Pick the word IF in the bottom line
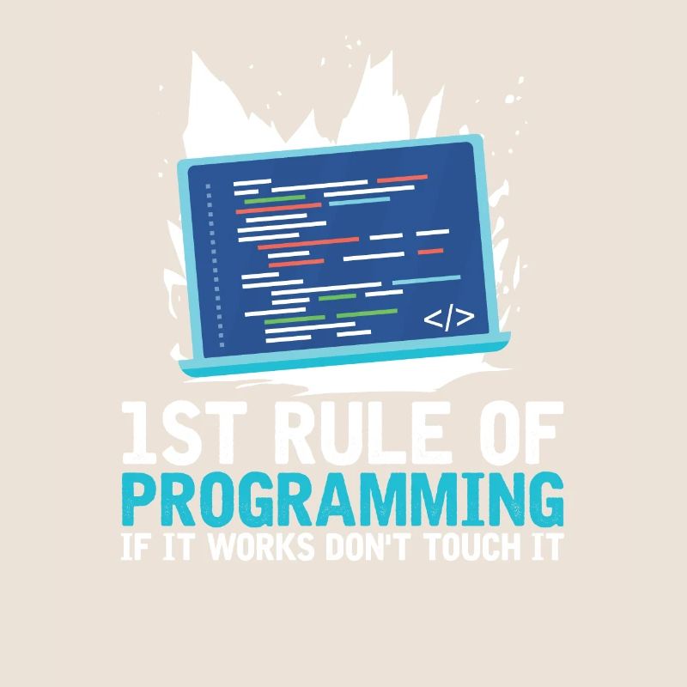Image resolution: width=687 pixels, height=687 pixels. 137,546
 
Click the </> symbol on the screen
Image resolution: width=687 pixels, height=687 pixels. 448,319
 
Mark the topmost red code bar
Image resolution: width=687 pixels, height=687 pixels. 402,179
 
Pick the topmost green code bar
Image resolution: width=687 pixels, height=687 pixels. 275,198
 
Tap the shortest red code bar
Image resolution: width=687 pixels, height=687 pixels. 430,252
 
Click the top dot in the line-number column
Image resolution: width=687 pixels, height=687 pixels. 206,185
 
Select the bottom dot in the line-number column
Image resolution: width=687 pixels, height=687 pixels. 221,344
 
